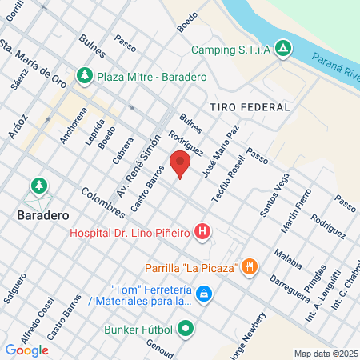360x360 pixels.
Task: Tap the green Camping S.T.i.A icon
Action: pos(282,50)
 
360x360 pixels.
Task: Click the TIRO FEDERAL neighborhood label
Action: pos(248,106)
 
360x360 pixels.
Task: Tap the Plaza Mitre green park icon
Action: pos(84,76)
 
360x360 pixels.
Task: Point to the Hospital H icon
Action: pos(202,233)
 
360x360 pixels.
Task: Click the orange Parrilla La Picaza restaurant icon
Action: pos(250,266)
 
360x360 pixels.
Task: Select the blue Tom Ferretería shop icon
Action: pos(205,295)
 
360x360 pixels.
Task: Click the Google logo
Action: pos(26,350)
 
